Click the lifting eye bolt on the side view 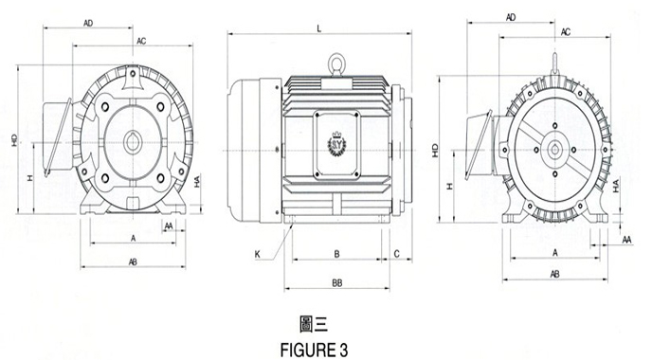click(x=335, y=65)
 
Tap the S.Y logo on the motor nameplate click(x=336, y=143)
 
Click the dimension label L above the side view click(x=319, y=28)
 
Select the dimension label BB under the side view click(x=337, y=283)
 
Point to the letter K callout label click(x=258, y=254)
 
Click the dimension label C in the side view click(x=397, y=254)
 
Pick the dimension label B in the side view click(x=337, y=254)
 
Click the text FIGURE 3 click(x=315, y=350)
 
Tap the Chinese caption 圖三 click(x=314, y=324)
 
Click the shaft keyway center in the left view click(x=133, y=143)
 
